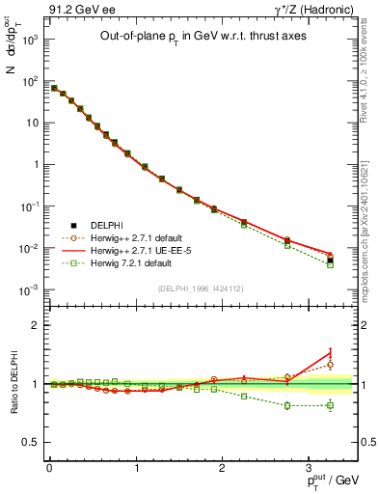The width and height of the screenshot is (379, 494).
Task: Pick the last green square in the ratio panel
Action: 330,405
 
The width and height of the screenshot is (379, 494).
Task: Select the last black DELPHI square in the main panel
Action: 330,260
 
